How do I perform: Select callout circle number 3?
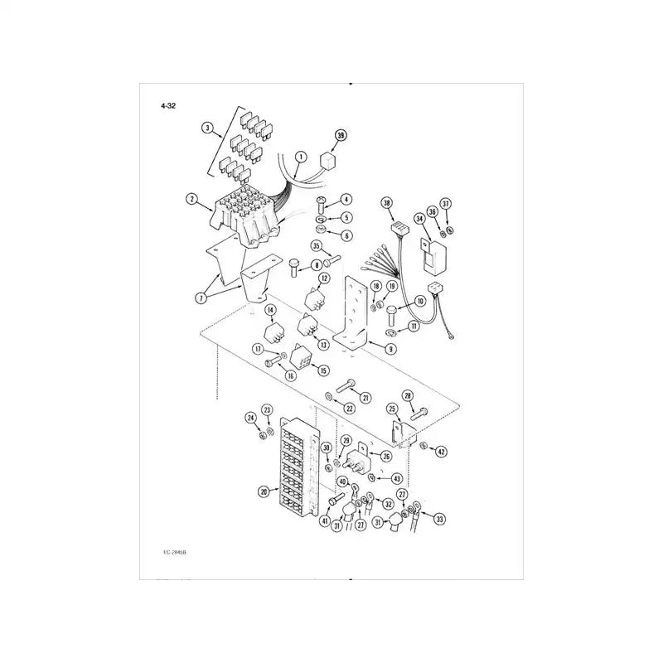tap(207, 128)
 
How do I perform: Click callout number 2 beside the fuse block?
tap(191, 199)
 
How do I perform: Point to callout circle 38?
tap(386, 203)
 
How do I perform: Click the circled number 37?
tap(445, 203)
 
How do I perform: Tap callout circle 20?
tap(264, 491)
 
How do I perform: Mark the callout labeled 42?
tap(441, 452)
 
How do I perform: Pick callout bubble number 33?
tap(439, 520)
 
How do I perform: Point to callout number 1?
tap(300, 156)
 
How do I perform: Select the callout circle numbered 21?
tap(365, 398)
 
